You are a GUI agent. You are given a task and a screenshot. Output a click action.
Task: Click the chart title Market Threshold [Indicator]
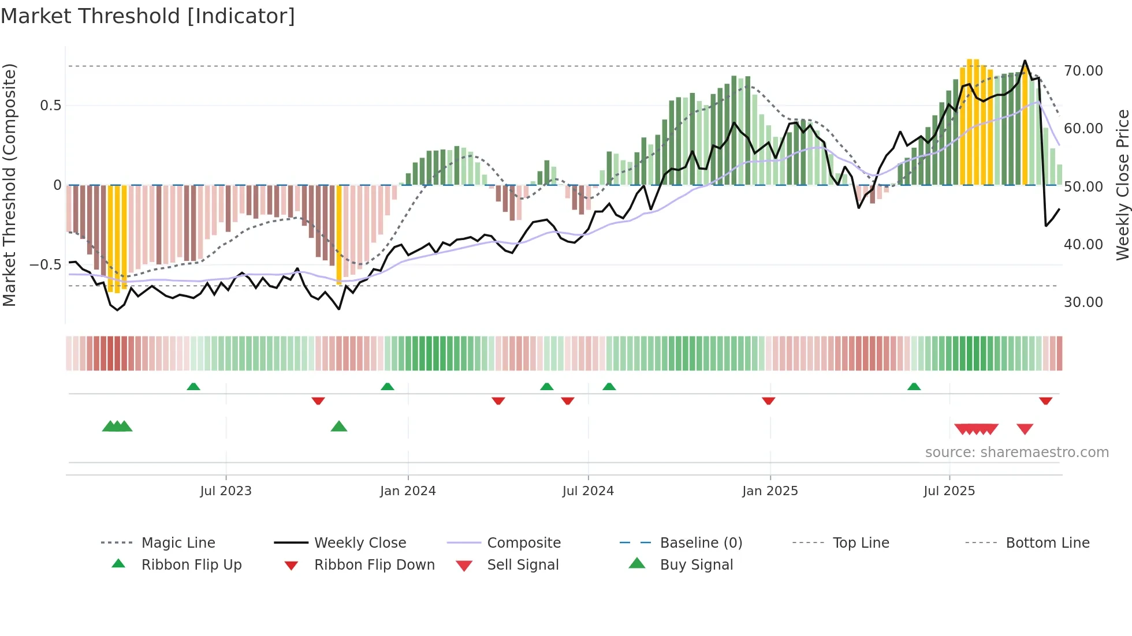pos(148,16)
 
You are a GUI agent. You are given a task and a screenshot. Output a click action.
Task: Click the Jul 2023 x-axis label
pos(226,491)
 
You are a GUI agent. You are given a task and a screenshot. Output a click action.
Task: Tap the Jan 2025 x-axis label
pos(770,491)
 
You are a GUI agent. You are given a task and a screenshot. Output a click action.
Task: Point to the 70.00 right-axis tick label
pos(1083,71)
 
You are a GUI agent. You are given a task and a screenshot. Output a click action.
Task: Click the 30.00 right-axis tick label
pos(1083,302)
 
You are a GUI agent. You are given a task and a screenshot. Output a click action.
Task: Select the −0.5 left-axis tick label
pos(45,265)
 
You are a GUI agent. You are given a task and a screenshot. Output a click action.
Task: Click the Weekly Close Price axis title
pos(1122,185)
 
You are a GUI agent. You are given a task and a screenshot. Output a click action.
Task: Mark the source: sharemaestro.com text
pos(1016,452)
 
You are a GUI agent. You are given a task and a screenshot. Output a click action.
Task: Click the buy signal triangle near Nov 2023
pos(339,427)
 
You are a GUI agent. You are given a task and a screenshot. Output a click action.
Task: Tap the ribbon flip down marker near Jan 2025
pos(768,401)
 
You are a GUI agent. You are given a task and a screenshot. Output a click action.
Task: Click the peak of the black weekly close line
pos(1025,61)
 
